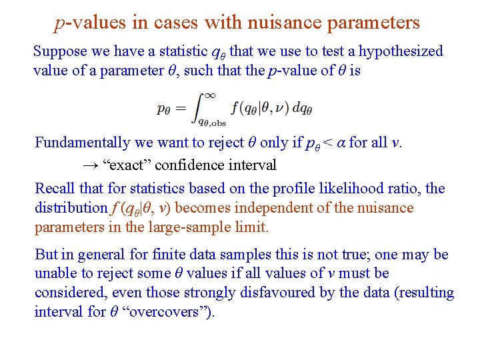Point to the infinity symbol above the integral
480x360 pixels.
point(209,95)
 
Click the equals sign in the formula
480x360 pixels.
point(180,108)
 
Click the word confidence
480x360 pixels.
point(183,164)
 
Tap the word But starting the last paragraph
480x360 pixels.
point(46,255)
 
